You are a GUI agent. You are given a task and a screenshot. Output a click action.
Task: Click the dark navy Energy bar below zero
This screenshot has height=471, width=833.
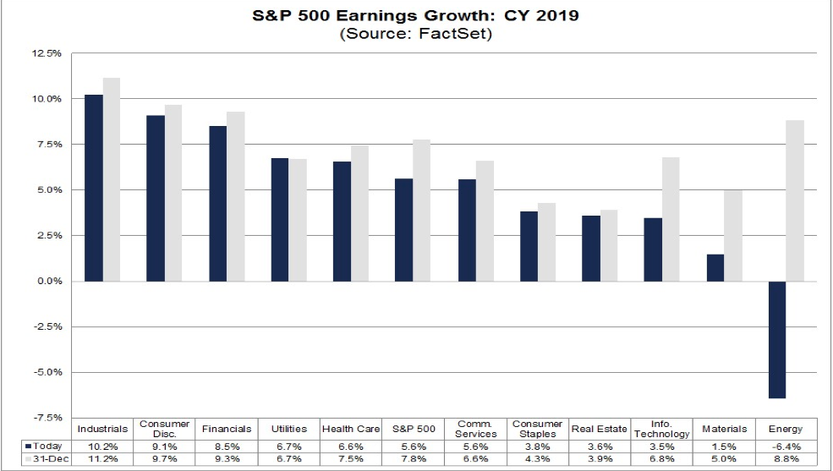[x=777, y=339]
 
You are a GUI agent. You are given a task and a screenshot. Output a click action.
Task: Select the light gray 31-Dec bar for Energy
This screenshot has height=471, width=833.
[x=795, y=200]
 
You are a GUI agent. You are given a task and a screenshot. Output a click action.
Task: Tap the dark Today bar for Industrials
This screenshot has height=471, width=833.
[x=94, y=188]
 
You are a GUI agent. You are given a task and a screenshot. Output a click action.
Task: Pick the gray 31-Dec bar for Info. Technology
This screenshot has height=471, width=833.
[x=670, y=219]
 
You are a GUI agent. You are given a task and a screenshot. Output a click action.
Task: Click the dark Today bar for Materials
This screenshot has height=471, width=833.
[x=715, y=267]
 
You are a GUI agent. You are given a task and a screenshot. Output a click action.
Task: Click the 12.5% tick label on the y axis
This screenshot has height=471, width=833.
[x=47, y=53]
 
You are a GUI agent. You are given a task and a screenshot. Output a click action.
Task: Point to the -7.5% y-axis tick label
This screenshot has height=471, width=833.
[x=47, y=418]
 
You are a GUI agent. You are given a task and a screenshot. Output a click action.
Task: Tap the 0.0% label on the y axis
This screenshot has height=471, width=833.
[x=49, y=281]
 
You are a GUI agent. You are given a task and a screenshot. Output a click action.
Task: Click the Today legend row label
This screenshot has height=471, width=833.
[x=46, y=444]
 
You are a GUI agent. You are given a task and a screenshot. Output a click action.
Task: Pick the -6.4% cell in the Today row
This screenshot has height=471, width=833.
[x=786, y=444]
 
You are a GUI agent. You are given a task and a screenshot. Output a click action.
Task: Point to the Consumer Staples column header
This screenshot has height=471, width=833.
[x=538, y=429]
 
